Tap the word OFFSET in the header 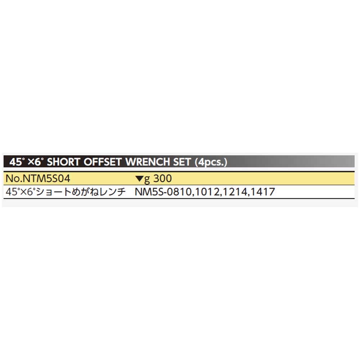(101, 162)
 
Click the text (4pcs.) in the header (211, 162)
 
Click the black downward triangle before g (139, 179)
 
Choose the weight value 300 (162, 178)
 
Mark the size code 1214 (234, 192)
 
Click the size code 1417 (262, 192)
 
